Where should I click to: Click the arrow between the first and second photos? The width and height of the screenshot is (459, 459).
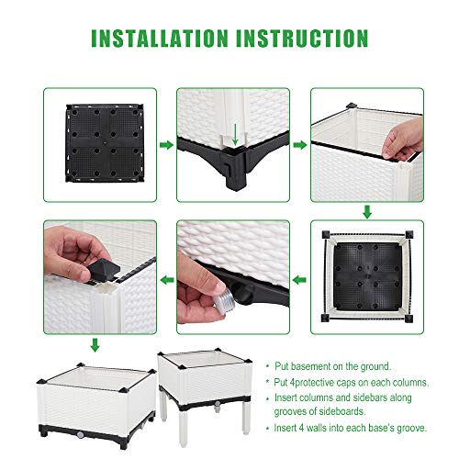(165, 145)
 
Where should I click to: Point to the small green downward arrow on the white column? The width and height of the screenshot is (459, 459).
(235, 133)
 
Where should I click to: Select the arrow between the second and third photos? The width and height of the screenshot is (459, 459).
(299, 145)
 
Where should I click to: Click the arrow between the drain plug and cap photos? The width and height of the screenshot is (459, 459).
(166, 277)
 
